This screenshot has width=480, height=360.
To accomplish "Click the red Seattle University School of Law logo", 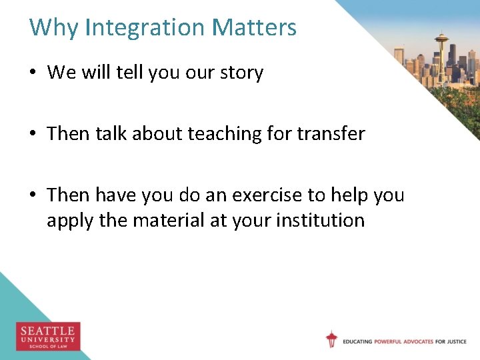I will point(48,336).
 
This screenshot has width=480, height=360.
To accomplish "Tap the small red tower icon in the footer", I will point(331,339).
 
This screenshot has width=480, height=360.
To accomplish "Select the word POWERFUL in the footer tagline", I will point(393,342).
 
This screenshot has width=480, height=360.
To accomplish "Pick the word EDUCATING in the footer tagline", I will point(358,342).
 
